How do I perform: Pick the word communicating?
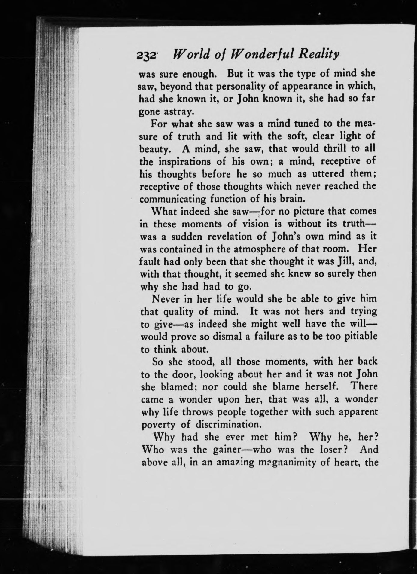click(173, 199)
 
